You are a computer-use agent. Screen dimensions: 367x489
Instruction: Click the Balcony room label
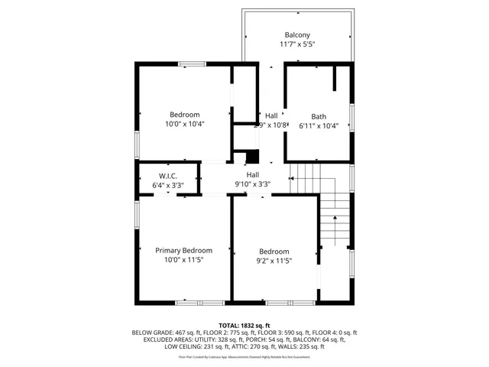tap(297, 35)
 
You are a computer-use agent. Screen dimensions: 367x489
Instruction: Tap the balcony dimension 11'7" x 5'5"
tap(297, 45)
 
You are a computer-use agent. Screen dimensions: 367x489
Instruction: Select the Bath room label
tap(319, 116)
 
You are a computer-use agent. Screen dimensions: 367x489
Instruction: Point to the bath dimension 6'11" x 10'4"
tap(319, 126)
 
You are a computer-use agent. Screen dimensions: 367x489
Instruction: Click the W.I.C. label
tap(168, 175)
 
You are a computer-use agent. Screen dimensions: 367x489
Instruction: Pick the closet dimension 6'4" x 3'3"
tap(168, 185)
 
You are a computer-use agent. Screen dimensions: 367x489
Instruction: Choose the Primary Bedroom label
tap(184, 250)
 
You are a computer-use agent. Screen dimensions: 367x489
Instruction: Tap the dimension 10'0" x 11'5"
tap(184, 260)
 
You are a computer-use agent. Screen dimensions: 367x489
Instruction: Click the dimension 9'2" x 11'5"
tap(274, 261)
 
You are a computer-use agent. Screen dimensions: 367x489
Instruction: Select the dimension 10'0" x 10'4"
tap(185, 124)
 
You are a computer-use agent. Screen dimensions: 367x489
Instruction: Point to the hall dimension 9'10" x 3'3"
tap(252, 184)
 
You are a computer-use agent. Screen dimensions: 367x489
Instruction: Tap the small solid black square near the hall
tap(254, 156)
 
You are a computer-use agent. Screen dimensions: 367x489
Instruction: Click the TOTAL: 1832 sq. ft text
tap(244, 325)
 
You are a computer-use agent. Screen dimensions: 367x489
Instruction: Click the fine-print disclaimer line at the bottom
tap(244, 356)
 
